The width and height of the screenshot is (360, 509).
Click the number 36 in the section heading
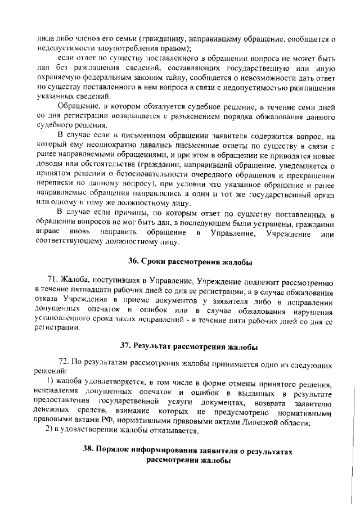point(133,262)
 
